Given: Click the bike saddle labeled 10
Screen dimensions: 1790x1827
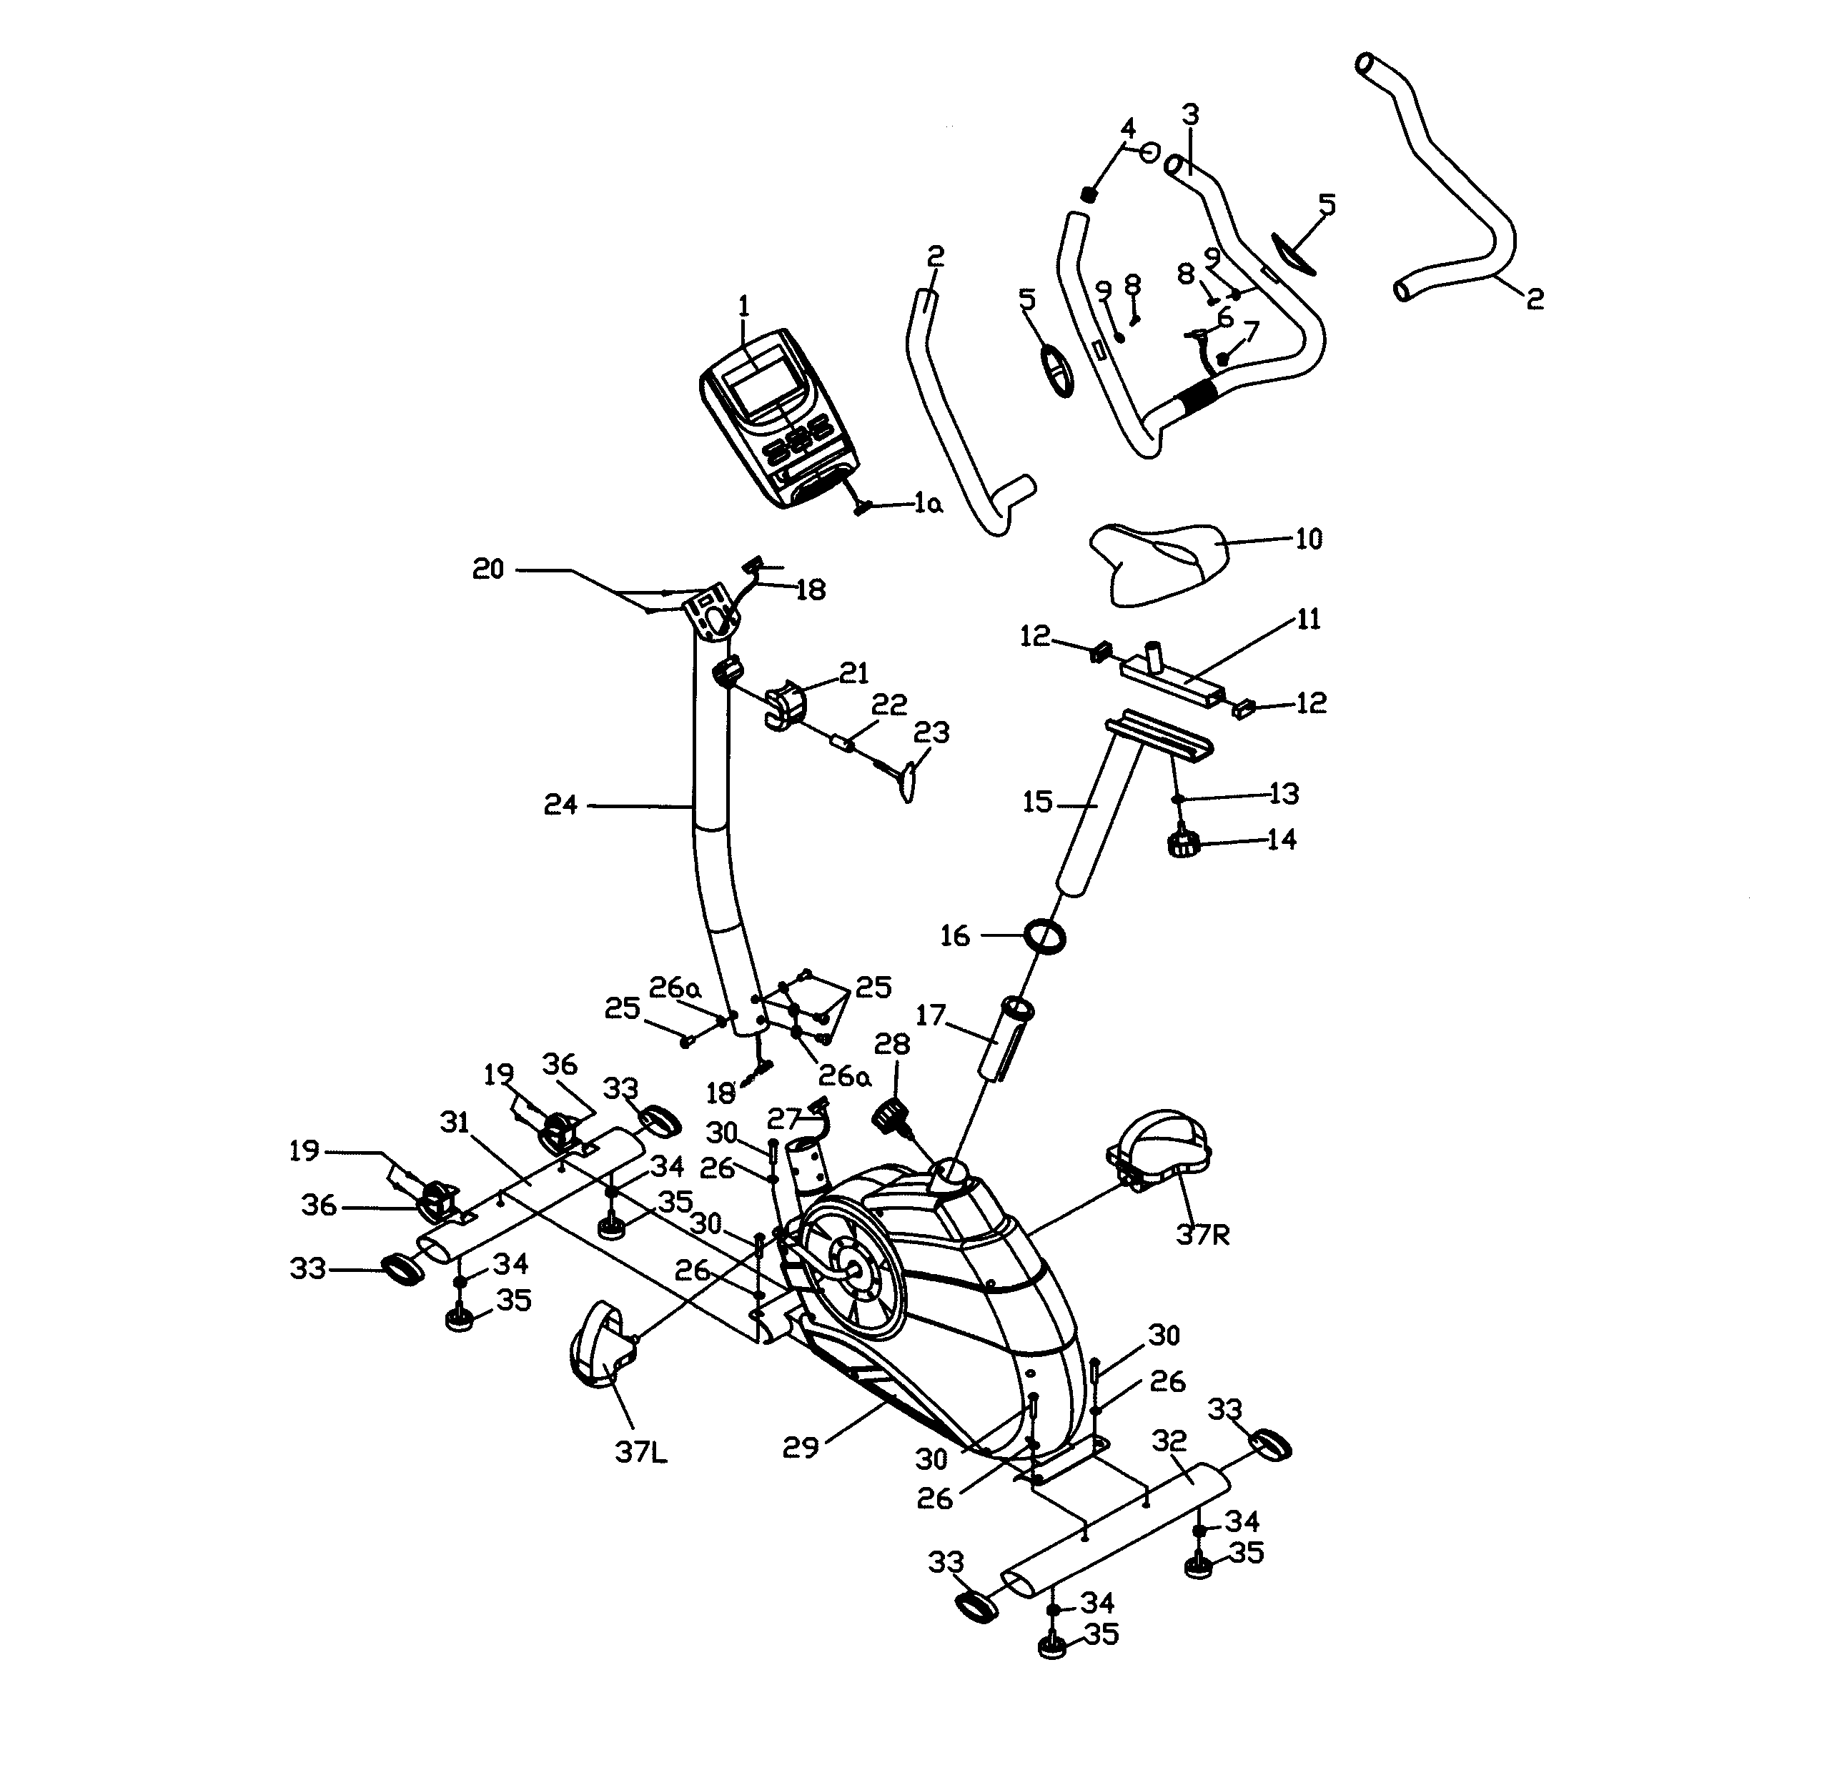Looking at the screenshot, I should (1159, 562).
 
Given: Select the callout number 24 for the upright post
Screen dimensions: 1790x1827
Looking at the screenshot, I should (560, 805).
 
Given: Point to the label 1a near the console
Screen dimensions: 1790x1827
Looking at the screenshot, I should (928, 505).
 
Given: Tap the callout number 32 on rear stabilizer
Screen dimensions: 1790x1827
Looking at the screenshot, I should (1169, 1441).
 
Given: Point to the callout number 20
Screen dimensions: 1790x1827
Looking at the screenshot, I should (488, 570).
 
